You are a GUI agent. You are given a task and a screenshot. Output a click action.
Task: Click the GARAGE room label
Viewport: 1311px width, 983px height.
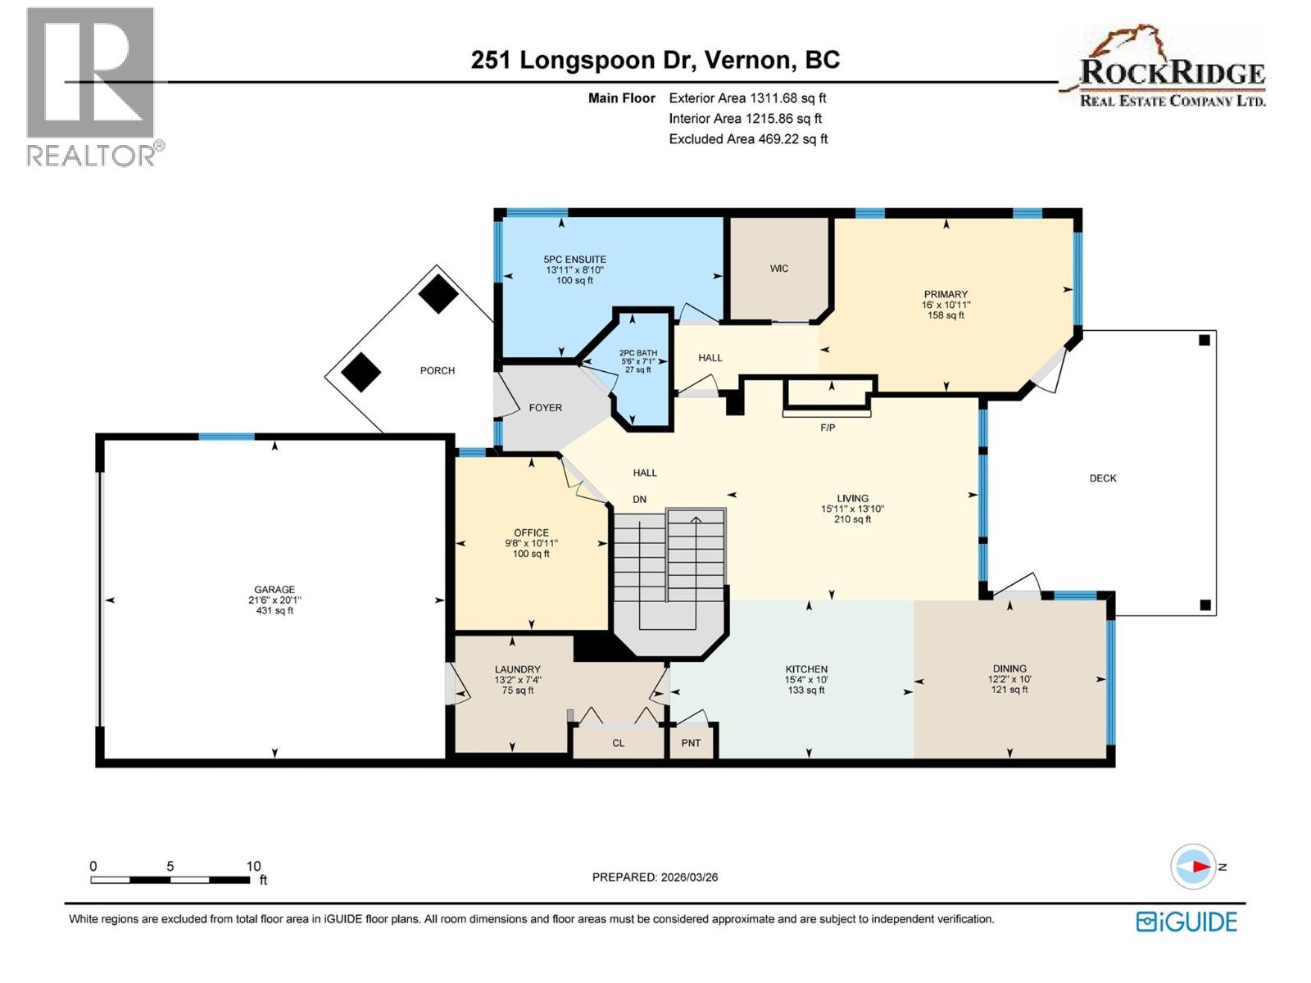point(274,589)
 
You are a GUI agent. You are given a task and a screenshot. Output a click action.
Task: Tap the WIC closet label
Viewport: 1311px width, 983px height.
point(778,269)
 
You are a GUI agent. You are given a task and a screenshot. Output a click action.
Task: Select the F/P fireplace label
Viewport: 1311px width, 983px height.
point(828,428)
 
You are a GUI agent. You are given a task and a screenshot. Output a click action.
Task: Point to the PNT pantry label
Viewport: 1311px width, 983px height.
point(691,743)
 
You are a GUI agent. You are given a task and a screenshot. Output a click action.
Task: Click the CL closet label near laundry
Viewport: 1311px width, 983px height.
point(618,743)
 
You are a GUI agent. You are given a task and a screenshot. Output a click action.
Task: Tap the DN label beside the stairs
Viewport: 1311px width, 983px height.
point(639,499)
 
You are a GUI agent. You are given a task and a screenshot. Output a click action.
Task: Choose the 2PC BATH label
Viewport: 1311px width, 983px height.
point(637,353)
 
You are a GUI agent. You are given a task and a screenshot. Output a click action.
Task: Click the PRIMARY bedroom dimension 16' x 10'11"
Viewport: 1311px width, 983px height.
point(946,305)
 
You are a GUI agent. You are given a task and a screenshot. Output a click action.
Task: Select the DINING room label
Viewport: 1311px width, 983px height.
point(1009,668)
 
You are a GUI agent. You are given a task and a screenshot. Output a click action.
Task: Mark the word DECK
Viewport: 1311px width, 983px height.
point(1102,478)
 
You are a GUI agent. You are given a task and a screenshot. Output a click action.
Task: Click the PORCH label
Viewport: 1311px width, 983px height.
point(437,370)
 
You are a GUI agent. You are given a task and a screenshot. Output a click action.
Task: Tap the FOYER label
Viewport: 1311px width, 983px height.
point(545,407)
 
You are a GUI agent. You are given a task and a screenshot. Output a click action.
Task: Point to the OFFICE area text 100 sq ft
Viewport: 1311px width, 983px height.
point(531,554)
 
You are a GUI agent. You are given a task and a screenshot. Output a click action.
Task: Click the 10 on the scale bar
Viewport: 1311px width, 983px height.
point(253,866)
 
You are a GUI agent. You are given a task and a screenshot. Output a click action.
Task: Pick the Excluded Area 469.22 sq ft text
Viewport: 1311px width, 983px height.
point(747,139)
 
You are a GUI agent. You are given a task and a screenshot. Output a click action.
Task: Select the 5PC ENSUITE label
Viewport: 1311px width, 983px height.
point(574,260)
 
